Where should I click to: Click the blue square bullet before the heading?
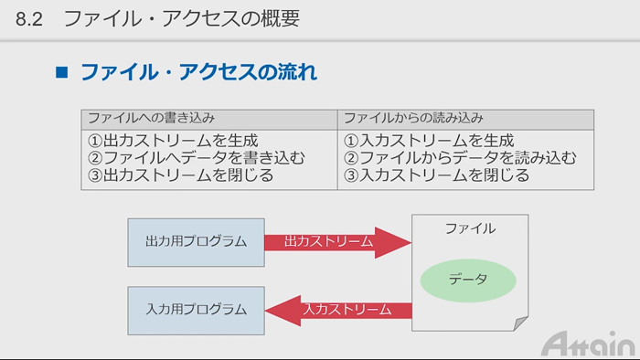click(x=63, y=72)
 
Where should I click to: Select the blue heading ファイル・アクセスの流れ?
click(x=198, y=72)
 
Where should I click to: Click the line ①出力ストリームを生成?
click(x=172, y=142)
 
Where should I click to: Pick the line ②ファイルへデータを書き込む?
click(x=196, y=158)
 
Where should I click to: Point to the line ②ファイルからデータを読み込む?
click(x=460, y=158)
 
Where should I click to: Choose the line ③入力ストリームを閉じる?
click(x=437, y=175)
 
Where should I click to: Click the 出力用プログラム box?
click(x=197, y=241)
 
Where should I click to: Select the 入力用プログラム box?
click(x=197, y=309)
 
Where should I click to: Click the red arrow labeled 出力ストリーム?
click(x=334, y=241)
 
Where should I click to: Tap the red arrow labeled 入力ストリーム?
click(x=343, y=309)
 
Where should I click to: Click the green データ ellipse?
click(x=468, y=279)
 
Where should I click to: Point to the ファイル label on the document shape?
click(x=470, y=228)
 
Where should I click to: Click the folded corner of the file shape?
click(x=518, y=323)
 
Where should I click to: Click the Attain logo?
click(x=587, y=344)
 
